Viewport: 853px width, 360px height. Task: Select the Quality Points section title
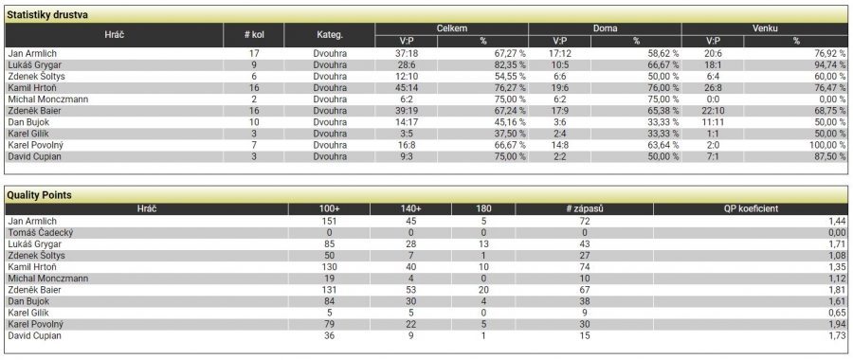coord(39,195)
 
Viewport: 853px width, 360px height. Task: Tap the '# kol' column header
coord(254,35)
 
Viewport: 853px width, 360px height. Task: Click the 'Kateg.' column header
coord(330,35)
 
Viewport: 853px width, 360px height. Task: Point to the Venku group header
coord(765,28)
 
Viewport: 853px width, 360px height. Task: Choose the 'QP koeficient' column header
coord(751,208)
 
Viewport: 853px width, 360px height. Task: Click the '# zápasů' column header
coord(584,208)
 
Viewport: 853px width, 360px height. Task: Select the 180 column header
coord(483,208)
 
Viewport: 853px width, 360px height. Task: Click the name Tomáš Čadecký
coord(40,233)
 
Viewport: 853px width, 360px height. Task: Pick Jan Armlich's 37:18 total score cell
coord(407,54)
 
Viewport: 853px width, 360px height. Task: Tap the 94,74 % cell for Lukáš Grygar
coord(828,65)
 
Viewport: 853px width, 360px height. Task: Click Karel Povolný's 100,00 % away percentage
coord(826,145)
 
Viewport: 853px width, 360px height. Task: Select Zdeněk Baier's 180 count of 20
coord(483,290)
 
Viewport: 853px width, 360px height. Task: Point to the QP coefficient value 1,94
coord(837,324)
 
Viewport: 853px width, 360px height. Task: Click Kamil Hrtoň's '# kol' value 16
coord(254,88)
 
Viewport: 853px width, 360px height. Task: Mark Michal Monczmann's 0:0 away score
coord(713,99)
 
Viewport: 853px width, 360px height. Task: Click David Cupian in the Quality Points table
coord(34,335)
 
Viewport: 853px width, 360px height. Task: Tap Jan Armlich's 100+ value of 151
coord(329,222)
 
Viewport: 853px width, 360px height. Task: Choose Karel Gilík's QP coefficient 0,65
coord(837,313)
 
